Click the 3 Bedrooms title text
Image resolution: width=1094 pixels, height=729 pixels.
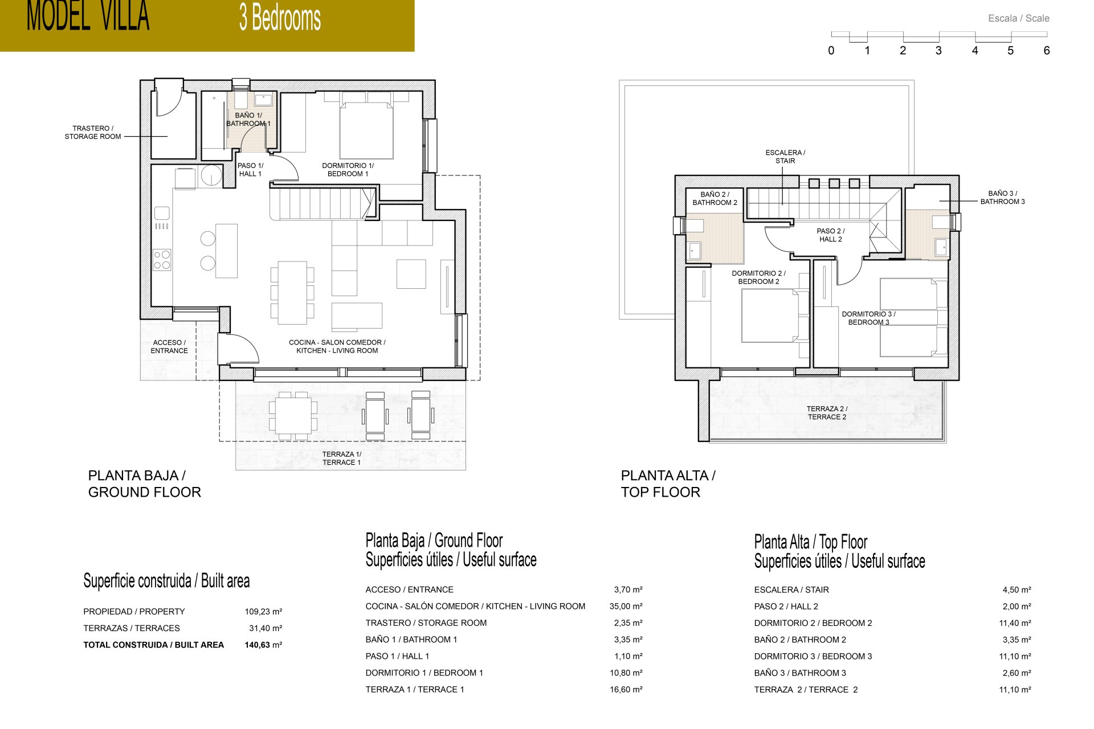[x=280, y=18]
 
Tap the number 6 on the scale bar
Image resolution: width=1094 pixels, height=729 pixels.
[x=1046, y=51]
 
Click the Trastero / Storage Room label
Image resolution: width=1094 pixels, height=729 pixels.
[x=93, y=132]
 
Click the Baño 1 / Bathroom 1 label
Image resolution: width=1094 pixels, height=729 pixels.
[x=248, y=119]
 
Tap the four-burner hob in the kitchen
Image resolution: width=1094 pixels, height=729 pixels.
[x=162, y=260]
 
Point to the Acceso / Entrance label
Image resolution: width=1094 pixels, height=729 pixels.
[x=169, y=346]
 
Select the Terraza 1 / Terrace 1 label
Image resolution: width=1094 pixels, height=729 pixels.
[x=341, y=458]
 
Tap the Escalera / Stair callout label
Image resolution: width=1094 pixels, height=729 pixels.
[x=785, y=157]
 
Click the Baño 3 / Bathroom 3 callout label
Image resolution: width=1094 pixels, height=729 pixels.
[x=1002, y=197]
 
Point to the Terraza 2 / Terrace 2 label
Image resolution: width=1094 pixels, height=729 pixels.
[x=827, y=412]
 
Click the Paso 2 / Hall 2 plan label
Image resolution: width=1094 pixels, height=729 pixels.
[x=830, y=235]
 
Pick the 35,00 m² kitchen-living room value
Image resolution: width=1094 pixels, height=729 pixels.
[x=626, y=606]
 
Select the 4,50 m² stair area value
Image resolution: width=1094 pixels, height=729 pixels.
[x=1016, y=589]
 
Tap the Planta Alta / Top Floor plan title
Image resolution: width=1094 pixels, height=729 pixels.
[x=668, y=484]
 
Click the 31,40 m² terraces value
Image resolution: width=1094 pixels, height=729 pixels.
[x=265, y=628]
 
